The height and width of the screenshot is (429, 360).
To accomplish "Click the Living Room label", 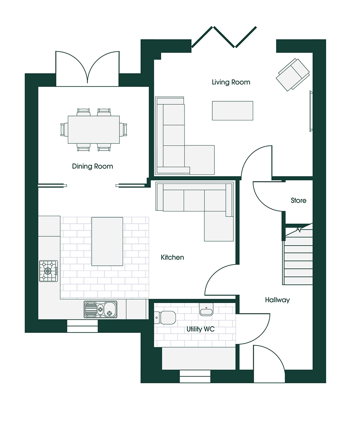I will (231, 82).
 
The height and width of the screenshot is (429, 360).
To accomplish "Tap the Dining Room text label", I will (92, 166).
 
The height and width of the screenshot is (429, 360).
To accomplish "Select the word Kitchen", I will (172, 257).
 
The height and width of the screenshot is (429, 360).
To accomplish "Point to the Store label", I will (298, 201).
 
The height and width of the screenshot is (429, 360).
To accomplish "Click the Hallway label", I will (277, 300).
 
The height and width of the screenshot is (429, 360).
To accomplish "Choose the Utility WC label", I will (200, 329).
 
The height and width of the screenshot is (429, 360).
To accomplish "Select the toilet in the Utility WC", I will (166, 317).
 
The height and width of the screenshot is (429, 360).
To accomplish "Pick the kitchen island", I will (107, 241).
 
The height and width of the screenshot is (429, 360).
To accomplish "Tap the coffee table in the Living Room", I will (233, 110).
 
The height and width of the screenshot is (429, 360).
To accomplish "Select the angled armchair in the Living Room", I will (293, 74).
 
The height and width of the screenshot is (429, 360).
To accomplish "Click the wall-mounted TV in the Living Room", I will (311, 111).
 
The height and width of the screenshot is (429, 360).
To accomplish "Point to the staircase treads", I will (298, 258).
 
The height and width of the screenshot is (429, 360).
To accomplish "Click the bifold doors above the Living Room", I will (224, 37).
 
